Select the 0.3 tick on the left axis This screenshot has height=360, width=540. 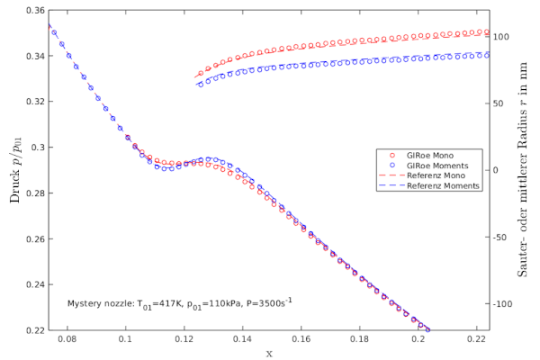(33, 148)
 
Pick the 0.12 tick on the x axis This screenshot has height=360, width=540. (184, 341)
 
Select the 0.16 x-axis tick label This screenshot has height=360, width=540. (301, 341)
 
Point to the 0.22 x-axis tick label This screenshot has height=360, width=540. (478, 341)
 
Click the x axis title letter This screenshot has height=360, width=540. (269, 353)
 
